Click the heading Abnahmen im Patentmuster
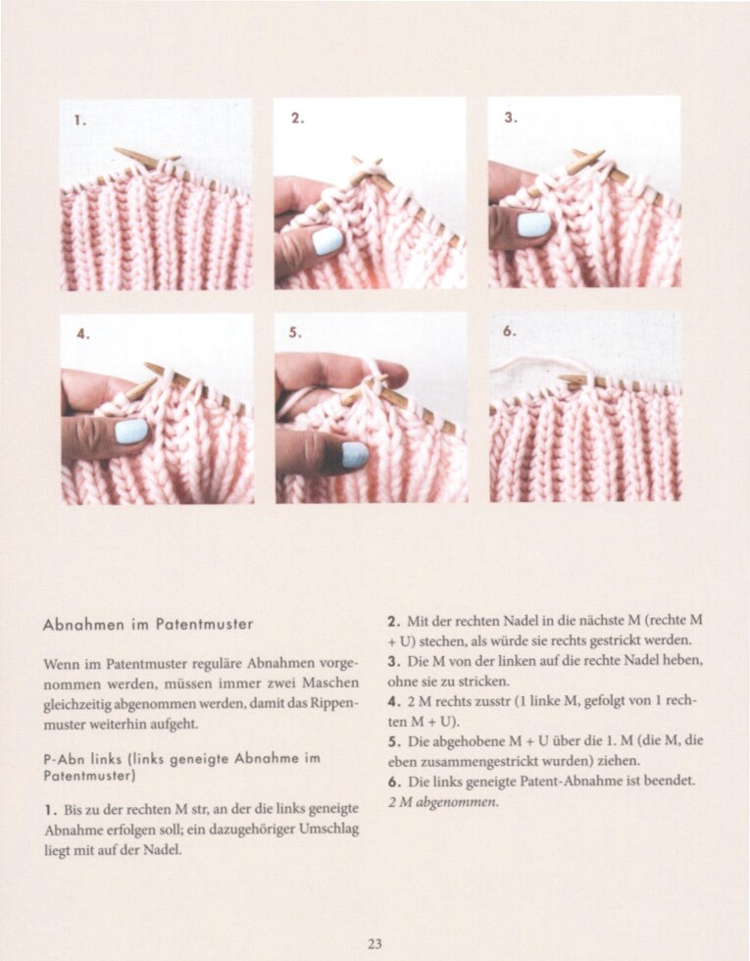[x=148, y=624]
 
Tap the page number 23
[x=375, y=944]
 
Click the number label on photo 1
[x=80, y=122]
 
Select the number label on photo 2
[x=297, y=118]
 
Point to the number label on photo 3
[x=511, y=117]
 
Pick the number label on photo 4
[x=82, y=333]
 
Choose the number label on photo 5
[x=296, y=333]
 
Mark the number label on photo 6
[x=510, y=332]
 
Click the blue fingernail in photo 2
[x=326, y=240]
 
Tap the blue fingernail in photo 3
[x=534, y=225]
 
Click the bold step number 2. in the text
[x=392, y=622]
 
